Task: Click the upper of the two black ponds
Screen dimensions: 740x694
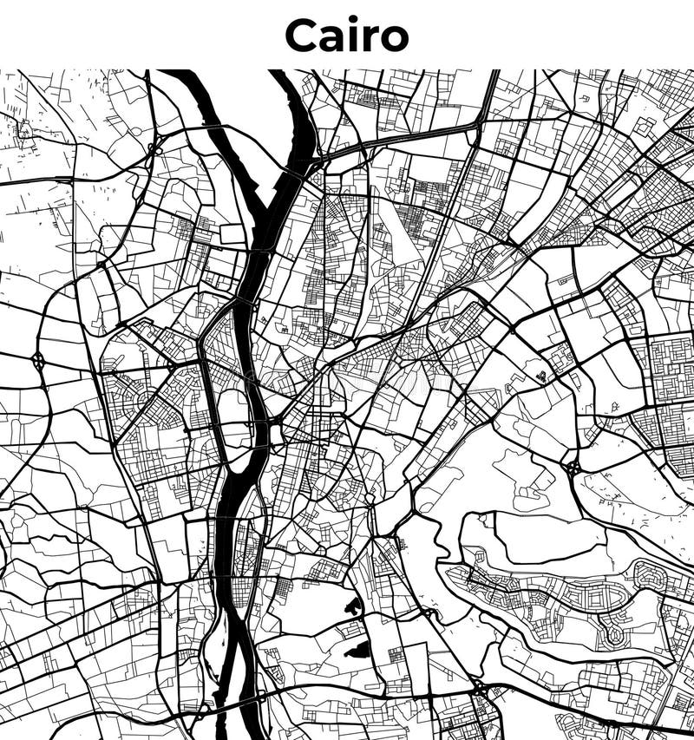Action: point(354,607)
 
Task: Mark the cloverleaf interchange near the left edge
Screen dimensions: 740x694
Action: point(38,359)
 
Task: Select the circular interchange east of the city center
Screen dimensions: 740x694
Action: point(573,468)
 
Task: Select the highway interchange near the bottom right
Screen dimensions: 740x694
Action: point(479,688)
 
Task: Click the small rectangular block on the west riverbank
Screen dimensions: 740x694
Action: point(232,233)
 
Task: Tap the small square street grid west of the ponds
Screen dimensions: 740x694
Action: point(283,590)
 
